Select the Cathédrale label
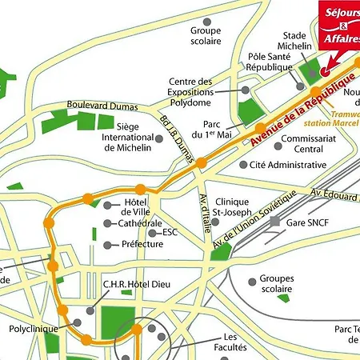140,223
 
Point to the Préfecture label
142,244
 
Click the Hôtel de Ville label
137,207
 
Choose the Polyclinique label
31,328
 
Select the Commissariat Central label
298,143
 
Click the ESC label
170,232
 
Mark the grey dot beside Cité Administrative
243,165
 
